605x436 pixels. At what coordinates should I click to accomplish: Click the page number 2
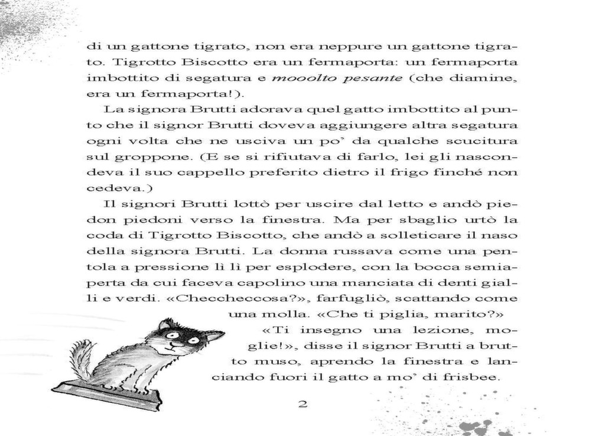(x=303, y=405)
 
